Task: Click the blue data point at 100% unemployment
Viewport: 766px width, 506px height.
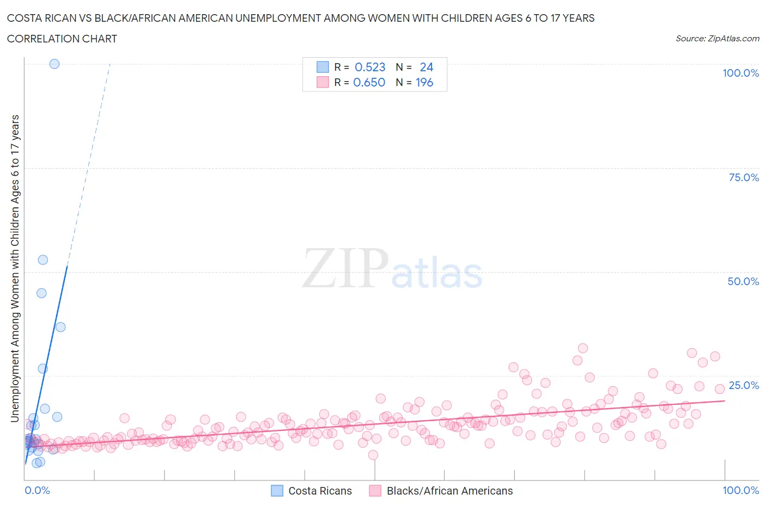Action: [54, 64]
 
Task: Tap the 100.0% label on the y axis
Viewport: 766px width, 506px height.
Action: [740, 73]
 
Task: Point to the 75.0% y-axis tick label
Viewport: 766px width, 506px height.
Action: [744, 177]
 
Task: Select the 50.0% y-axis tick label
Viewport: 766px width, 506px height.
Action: [743, 281]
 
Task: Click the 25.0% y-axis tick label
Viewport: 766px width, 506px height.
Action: [744, 385]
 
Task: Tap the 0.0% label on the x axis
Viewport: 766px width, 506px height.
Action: [37, 490]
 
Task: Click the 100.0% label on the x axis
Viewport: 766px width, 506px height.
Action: [740, 490]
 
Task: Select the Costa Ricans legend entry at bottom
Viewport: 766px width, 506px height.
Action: [312, 491]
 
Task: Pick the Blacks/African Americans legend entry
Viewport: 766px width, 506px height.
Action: [442, 491]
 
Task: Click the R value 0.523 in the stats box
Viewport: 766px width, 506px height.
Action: [370, 67]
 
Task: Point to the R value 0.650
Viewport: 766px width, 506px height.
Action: [369, 82]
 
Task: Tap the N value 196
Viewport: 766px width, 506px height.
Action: [424, 82]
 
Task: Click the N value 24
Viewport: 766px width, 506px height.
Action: [427, 67]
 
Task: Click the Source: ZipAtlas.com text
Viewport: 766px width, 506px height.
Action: [717, 38]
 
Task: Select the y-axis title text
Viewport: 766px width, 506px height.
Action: [15, 268]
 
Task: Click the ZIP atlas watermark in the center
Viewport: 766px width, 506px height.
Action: [392, 268]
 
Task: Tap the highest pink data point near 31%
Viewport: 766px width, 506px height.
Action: [583, 348]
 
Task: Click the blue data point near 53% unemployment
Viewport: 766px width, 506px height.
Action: [43, 260]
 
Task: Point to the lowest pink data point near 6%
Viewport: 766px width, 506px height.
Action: [373, 455]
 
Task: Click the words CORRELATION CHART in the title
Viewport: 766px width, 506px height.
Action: [62, 39]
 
